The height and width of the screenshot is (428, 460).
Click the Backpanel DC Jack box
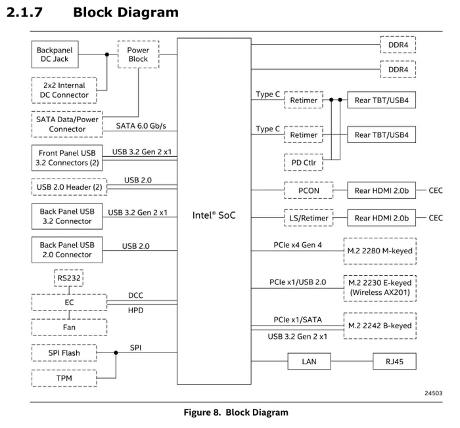[55, 54]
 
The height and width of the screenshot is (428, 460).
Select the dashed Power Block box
[138, 54]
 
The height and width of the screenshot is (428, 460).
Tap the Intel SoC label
[214, 215]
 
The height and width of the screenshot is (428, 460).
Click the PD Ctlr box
[304, 162]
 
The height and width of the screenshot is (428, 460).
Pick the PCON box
[309, 190]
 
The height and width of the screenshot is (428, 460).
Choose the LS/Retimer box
[309, 218]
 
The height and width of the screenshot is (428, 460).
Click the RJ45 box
[394, 361]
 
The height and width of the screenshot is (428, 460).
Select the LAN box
[310, 361]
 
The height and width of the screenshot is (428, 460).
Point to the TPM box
[64, 378]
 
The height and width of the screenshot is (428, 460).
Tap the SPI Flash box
[64, 353]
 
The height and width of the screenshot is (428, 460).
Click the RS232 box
[69, 278]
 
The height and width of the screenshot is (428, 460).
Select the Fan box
[69, 327]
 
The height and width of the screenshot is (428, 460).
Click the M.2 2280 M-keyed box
[380, 251]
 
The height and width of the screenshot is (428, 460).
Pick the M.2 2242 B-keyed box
[380, 326]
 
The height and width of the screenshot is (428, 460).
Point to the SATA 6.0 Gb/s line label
[141, 126]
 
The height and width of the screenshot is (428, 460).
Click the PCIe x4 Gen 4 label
[298, 245]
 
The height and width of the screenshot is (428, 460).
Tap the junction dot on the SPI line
[116, 353]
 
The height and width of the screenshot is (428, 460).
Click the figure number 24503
[433, 393]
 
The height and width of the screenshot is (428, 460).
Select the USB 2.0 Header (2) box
[69, 187]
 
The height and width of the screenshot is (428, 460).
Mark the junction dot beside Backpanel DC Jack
[107, 54]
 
